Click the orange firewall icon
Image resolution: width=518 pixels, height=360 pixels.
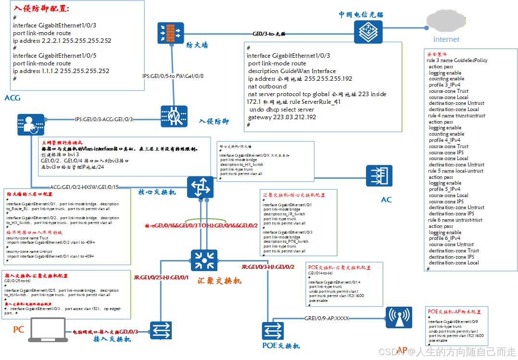pos(171,33)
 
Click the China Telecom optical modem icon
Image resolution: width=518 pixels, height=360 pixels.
pos(368,32)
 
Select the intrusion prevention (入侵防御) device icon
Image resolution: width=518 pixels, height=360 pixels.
pos(174,116)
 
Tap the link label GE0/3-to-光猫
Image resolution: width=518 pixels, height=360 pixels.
pos(269,34)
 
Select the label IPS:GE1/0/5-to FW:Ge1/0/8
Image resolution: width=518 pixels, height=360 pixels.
pos(173,76)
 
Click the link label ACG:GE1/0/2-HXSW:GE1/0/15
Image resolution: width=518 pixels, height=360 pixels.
pos(84,186)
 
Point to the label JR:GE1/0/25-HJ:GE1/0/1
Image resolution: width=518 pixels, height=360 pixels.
pos(161,277)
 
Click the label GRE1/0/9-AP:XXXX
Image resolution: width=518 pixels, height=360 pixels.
pos(327,318)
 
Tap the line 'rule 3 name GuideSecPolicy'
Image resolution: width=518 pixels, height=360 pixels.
pos(457,61)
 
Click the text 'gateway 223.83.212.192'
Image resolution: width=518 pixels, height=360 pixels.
pos(282,117)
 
